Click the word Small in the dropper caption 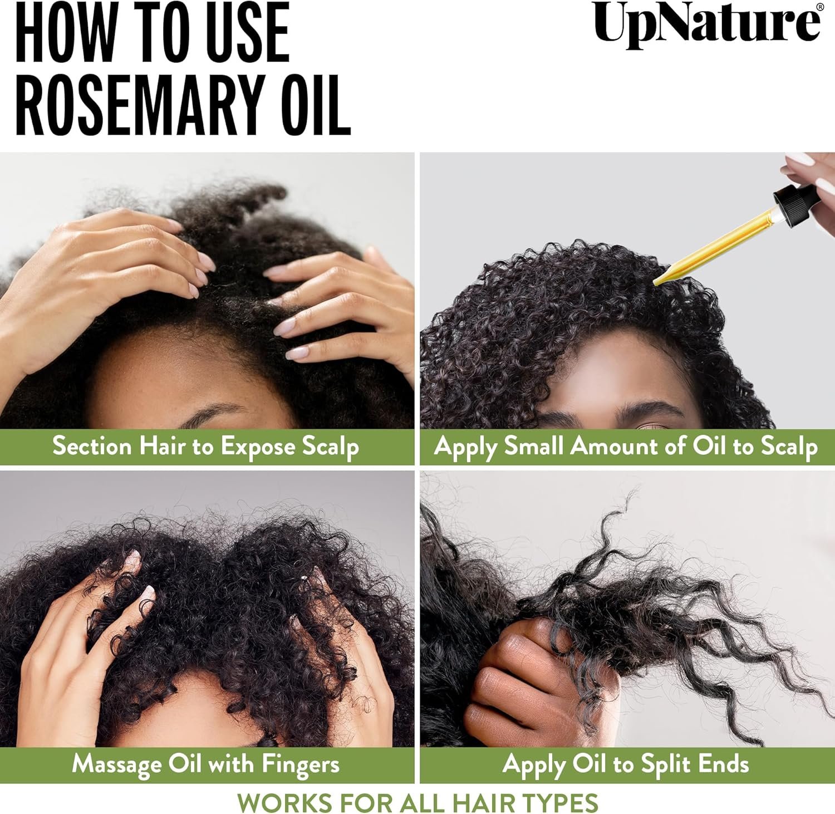(x=534, y=447)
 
